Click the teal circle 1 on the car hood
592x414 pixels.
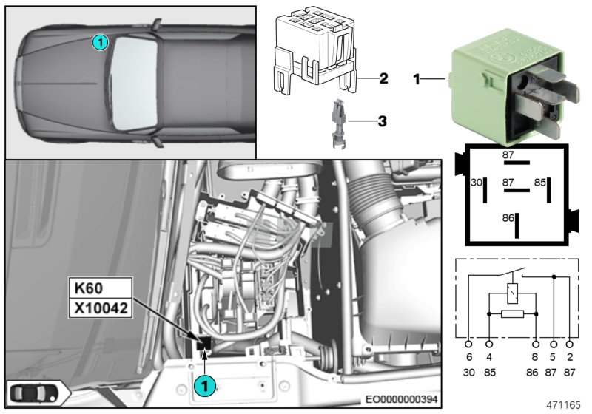pos(100,43)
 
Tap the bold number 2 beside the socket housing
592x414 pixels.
pos(383,78)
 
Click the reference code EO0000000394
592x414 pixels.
pos(400,398)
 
